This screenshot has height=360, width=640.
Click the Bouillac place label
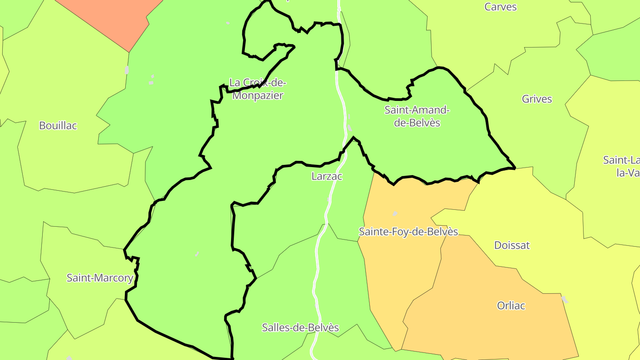[x=58, y=126]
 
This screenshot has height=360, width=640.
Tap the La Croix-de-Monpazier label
[x=257, y=89]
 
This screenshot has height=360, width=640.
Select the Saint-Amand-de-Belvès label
[x=417, y=116]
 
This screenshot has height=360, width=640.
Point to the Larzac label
[x=327, y=176]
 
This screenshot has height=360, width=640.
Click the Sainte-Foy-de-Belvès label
[x=408, y=232]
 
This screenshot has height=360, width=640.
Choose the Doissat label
[x=512, y=245]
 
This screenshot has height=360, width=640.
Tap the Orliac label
[x=511, y=306]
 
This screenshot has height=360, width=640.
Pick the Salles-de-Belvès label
[x=300, y=328]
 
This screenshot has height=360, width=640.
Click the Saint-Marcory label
[x=100, y=278]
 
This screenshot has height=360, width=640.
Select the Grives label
[x=537, y=99]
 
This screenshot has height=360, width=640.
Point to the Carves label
[x=500, y=7]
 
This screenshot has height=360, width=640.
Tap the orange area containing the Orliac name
[x=489, y=329]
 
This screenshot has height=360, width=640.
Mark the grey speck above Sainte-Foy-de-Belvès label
[x=395, y=214]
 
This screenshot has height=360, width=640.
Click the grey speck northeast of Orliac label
[x=565, y=300]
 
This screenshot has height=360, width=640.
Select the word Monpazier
[x=258, y=96]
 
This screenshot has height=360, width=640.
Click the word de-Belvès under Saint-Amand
[x=417, y=123]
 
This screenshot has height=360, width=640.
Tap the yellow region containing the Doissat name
[x=533, y=213]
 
